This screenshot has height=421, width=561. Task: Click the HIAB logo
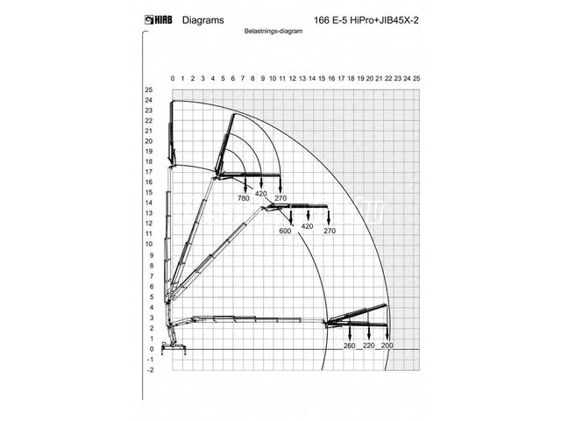(158, 19)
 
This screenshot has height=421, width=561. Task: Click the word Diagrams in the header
(202, 20)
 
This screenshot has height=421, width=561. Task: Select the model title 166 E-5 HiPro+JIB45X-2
(366, 20)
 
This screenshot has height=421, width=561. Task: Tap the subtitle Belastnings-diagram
(273, 32)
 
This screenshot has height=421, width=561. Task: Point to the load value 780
(244, 198)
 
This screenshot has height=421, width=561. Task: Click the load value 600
(285, 231)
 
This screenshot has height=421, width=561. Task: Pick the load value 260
(349, 346)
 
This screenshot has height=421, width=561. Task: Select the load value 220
(368, 346)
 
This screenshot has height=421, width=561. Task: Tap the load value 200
(387, 346)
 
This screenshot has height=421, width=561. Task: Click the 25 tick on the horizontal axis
(416, 78)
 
